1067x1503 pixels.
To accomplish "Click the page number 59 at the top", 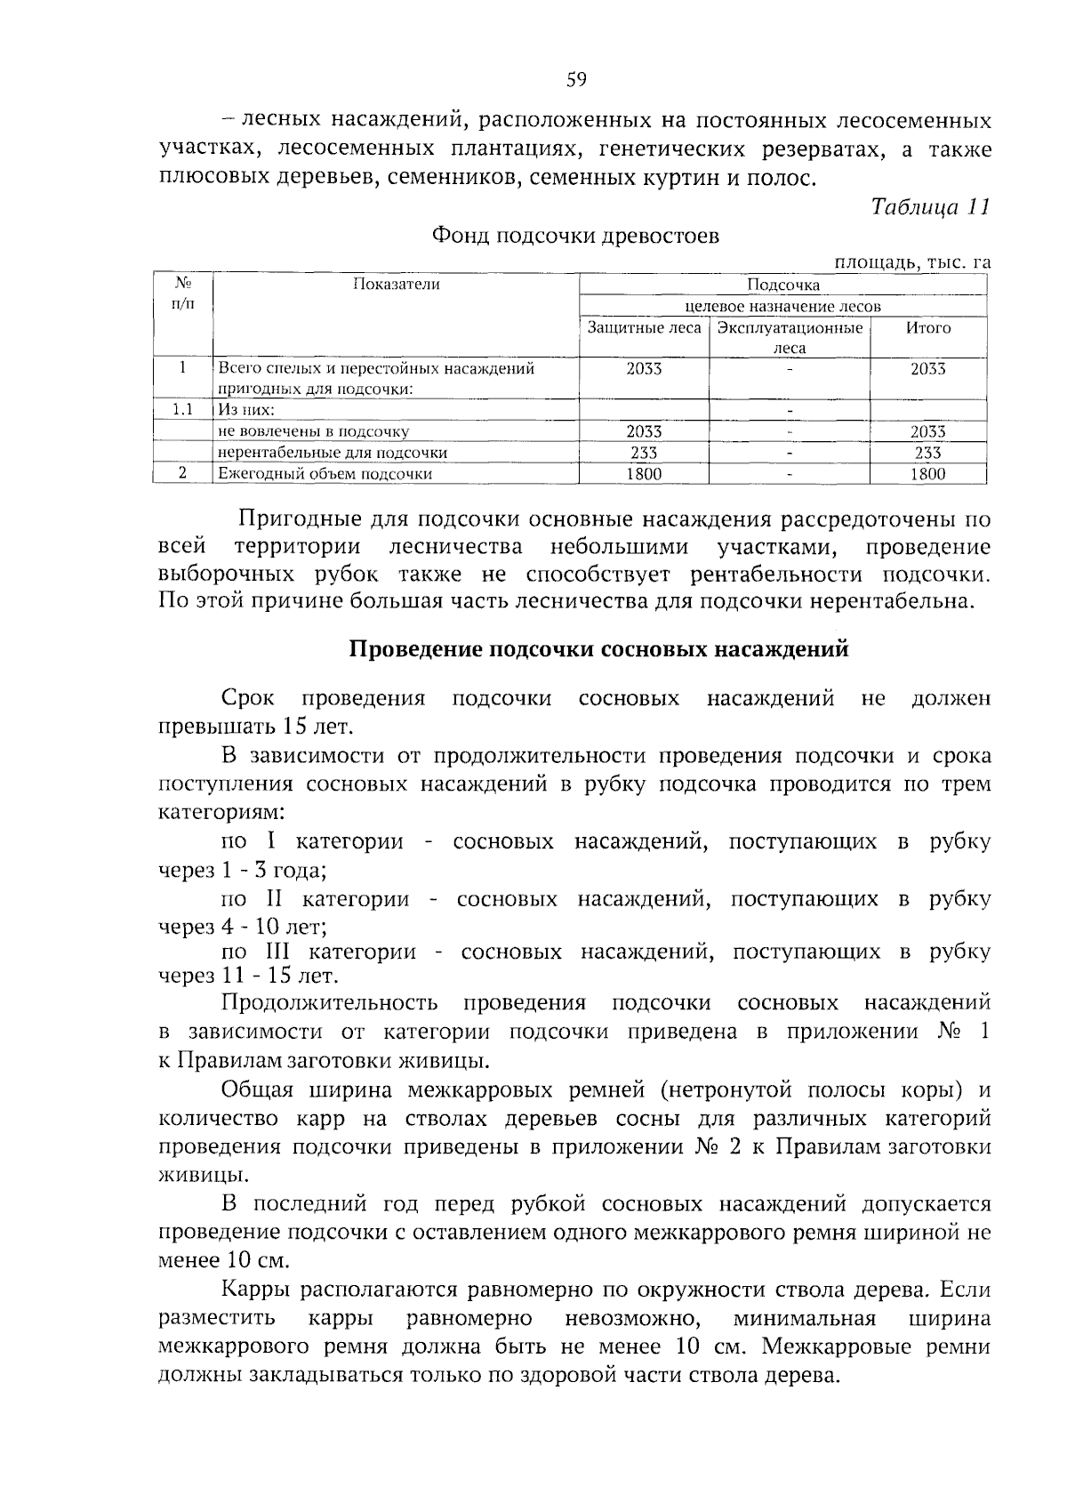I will coord(576,81).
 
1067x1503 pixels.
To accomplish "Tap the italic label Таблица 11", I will coord(930,207).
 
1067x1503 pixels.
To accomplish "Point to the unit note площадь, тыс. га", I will coord(911,261).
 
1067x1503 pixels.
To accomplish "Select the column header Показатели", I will coord(396,285).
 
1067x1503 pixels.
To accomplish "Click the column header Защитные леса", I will coord(644,328).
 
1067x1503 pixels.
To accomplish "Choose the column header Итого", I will coord(927,328).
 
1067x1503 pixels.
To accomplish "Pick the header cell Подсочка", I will coord(782,285).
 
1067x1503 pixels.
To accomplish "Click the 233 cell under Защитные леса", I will coord(644,453).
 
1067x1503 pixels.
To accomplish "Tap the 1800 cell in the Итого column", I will coord(927,474).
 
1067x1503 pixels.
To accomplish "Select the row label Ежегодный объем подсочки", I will coord(325,474).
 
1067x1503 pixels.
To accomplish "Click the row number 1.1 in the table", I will coord(182,410).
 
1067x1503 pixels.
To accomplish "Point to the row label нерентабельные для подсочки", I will coord(333,453).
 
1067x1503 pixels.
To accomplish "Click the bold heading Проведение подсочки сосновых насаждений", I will coord(598,649).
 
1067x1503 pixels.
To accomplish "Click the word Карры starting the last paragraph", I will coord(252,1290).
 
